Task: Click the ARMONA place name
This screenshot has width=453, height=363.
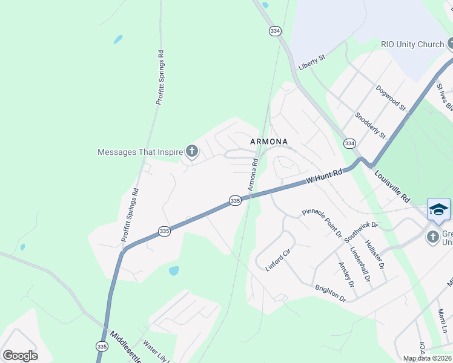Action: [269, 142]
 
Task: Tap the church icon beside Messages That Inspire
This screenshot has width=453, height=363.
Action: [192, 151]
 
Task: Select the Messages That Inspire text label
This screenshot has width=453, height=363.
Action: [140, 152]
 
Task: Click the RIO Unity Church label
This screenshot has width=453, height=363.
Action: [412, 44]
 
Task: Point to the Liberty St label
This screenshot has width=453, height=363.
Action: [312, 62]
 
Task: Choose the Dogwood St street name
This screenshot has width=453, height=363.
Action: [390, 97]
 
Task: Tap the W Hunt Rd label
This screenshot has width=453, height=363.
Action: [324, 176]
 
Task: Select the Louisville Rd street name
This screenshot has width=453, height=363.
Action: [392, 186]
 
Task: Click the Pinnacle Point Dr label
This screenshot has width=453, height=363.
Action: [322, 223]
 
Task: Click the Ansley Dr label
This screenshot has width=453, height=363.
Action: [346, 274]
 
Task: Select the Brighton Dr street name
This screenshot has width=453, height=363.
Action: [330, 293]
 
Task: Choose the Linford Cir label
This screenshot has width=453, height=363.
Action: [279, 260]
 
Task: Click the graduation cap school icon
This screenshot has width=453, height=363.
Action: [438, 209]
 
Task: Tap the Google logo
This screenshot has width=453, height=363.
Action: [20, 356]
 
